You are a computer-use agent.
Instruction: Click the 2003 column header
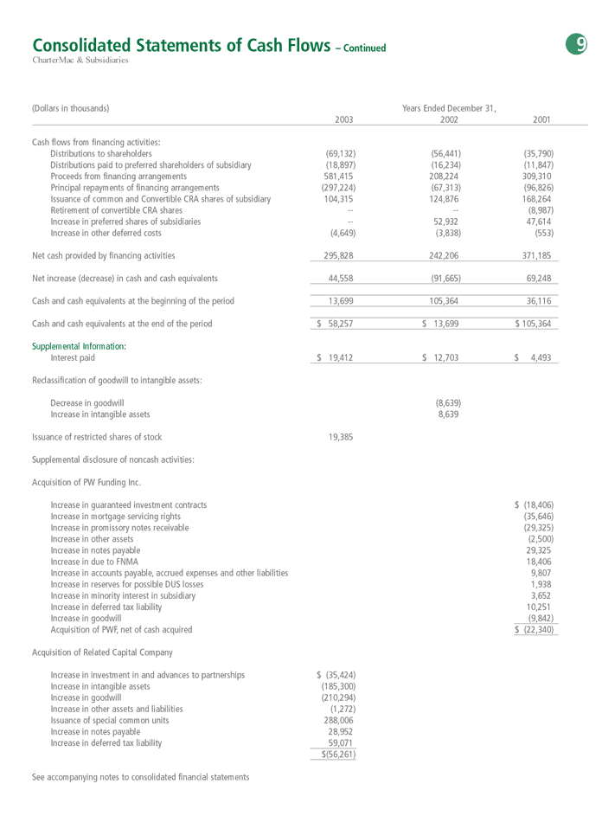[x=343, y=120]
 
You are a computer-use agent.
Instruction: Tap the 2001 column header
[x=542, y=120]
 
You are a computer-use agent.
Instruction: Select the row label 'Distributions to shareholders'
[x=101, y=153]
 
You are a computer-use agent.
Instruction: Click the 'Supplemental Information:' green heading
[x=79, y=346]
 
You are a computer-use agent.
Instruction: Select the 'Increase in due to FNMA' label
[x=93, y=562]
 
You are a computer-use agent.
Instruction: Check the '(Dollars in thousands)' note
[x=70, y=108]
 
